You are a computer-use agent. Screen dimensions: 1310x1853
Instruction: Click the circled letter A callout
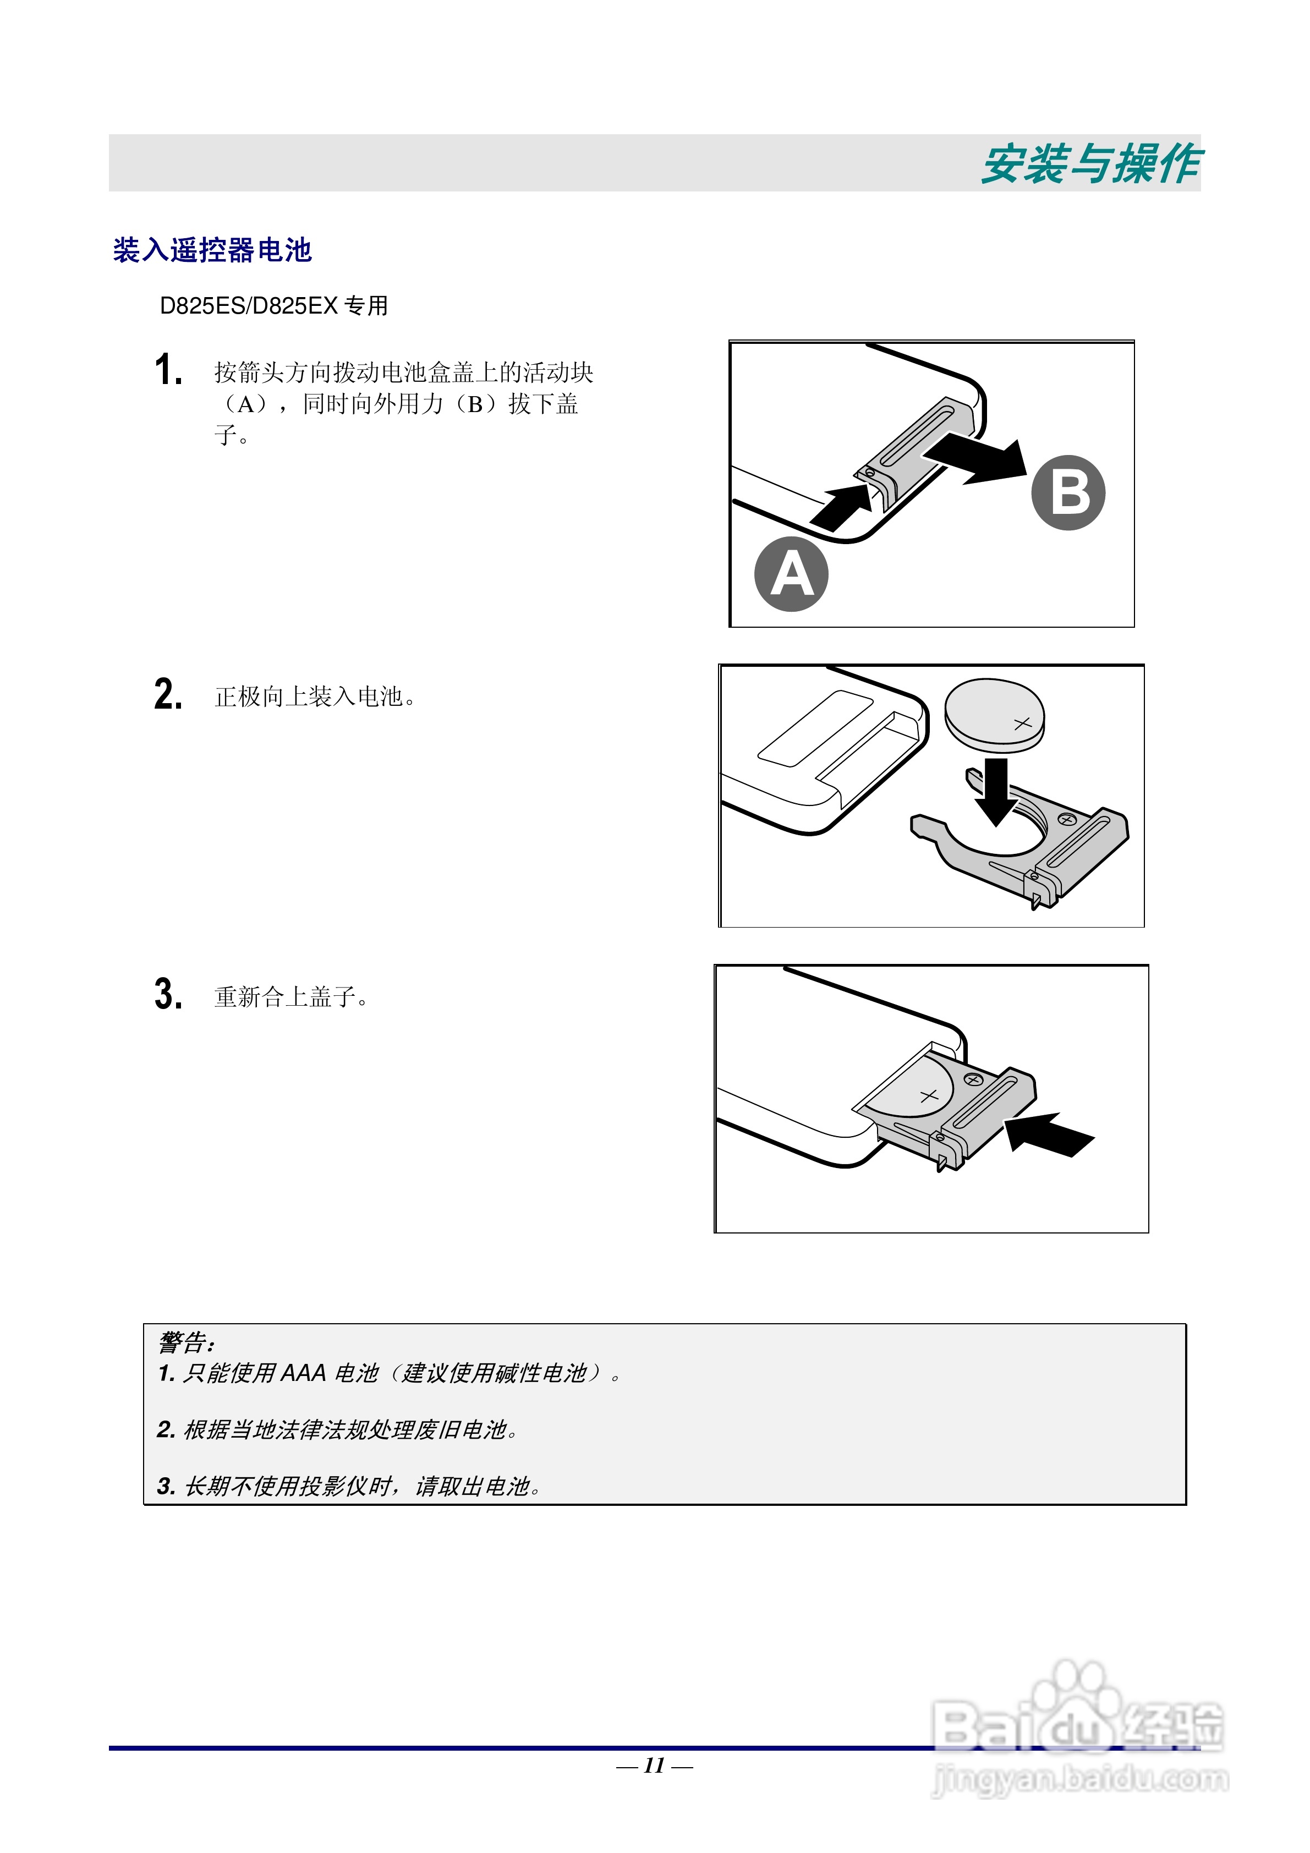click(x=791, y=574)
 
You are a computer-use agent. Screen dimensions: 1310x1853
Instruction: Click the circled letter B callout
click(x=1068, y=492)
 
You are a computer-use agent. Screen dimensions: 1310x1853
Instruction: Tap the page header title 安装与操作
click(x=1090, y=164)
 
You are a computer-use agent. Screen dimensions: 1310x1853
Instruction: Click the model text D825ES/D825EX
click(x=249, y=306)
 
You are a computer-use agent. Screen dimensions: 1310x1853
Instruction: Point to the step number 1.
click(x=168, y=370)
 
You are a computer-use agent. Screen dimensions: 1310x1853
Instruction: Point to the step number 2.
click(x=168, y=694)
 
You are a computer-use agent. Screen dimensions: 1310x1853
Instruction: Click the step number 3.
click(x=168, y=994)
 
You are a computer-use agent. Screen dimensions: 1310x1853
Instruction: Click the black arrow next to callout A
click(x=841, y=507)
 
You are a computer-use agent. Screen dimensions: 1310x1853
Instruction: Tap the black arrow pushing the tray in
click(x=1049, y=1133)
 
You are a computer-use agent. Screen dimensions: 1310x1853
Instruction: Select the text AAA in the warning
click(x=304, y=1373)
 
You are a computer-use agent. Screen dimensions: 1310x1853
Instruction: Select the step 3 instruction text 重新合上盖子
click(x=290, y=997)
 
